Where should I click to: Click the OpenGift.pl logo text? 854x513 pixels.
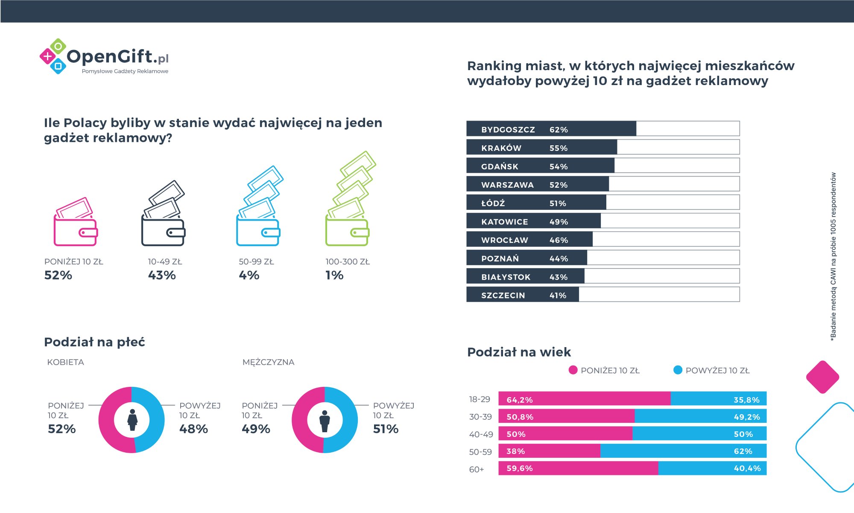pyautogui.click(x=117, y=57)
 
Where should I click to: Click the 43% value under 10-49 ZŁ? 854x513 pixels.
pyautogui.click(x=162, y=275)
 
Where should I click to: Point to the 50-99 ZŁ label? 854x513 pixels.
pyautogui.click(x=256, y=262)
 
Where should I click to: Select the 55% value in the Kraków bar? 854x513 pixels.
pyautogui.click(x=559, y=148)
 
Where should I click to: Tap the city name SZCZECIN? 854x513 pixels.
pyautogui.click(x=503, y=295)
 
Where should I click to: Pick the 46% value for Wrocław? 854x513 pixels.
pyautogui.click(x=559, y=240)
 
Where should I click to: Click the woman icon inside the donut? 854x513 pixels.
pyautogui.click(x=132, y=420)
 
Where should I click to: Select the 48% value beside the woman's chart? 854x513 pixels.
pyautogui.click(x=193, y=429)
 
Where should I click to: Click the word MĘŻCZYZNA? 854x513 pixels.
pyautogui.click(x=268, y=362)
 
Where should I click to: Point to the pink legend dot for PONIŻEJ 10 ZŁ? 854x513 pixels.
pyautogui.click(x=573, y=370)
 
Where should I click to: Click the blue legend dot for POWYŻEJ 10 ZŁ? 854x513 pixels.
pyautogui.click(x=678, y=370)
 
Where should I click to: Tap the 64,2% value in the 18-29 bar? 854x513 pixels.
pyautogui.click(x=520, y=400)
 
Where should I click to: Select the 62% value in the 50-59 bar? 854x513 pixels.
pyautogui.click(x=743, y=451)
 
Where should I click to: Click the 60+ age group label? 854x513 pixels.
pyautogui.click(x=477, y=469)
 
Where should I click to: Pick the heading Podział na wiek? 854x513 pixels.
pyautogui.click(x=519, y=352)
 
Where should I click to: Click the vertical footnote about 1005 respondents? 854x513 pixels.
pyautogui.click(x=833, y=256)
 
